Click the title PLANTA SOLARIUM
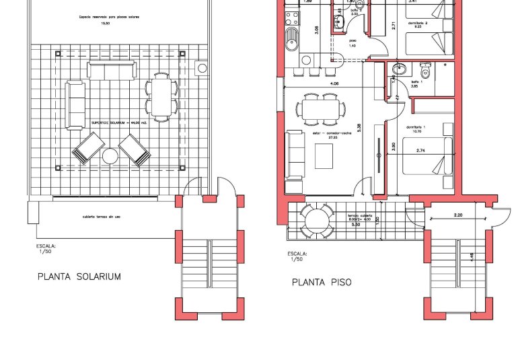point(79,277)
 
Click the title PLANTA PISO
point(322,283)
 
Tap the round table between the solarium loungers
point(110,157)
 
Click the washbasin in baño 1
point(398,67)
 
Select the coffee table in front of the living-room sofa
point(323,157)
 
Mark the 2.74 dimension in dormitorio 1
point(422,151)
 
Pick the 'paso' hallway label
point(352,42)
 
